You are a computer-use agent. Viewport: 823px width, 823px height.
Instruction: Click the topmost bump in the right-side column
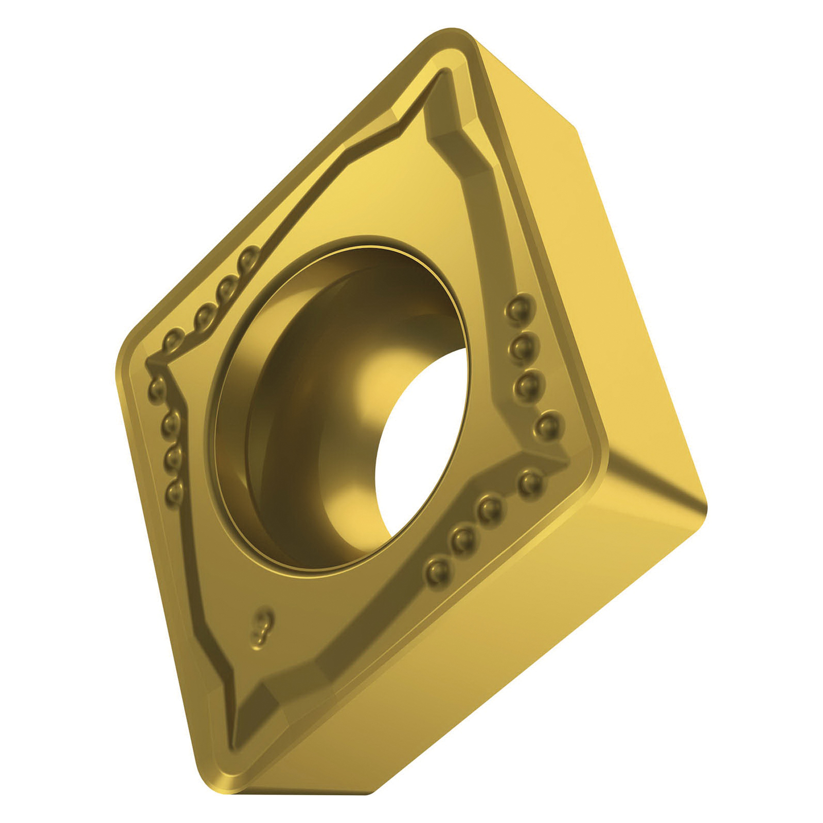(514, 309)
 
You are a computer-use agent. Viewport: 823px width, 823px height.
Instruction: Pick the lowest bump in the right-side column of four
(547, 425)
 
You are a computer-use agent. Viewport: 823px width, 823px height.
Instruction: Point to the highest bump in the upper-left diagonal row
(249, 255)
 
